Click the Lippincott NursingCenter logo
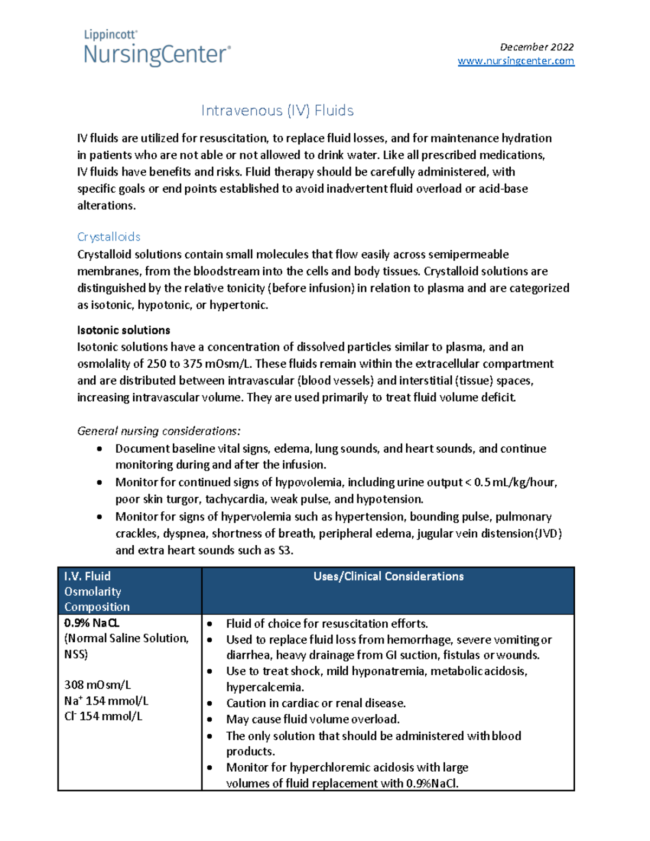[157, 49]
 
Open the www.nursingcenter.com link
[516, 61]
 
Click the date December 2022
[536, 47]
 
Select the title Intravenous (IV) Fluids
[277, 110]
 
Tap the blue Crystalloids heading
[109, 237]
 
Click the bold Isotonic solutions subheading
[123, 330]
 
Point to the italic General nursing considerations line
[159, 431]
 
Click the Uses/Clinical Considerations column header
[388, 576]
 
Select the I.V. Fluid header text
[87, 576]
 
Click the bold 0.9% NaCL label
[92, 623]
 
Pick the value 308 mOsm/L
[97, 684]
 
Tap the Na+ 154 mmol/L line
[106, 701]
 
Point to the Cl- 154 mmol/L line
[103, 716]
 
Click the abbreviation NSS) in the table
[76, 654]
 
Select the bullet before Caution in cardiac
[210, 703]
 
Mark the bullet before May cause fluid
[210, 720]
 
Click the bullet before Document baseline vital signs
[99, 449]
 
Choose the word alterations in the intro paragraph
[106, 205]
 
